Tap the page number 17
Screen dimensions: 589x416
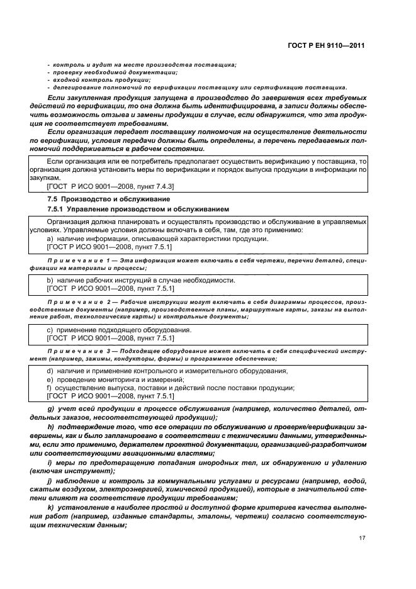point(361,539)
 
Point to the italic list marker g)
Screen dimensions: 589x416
point(50,410)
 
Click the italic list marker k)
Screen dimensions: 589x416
point(50,507)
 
